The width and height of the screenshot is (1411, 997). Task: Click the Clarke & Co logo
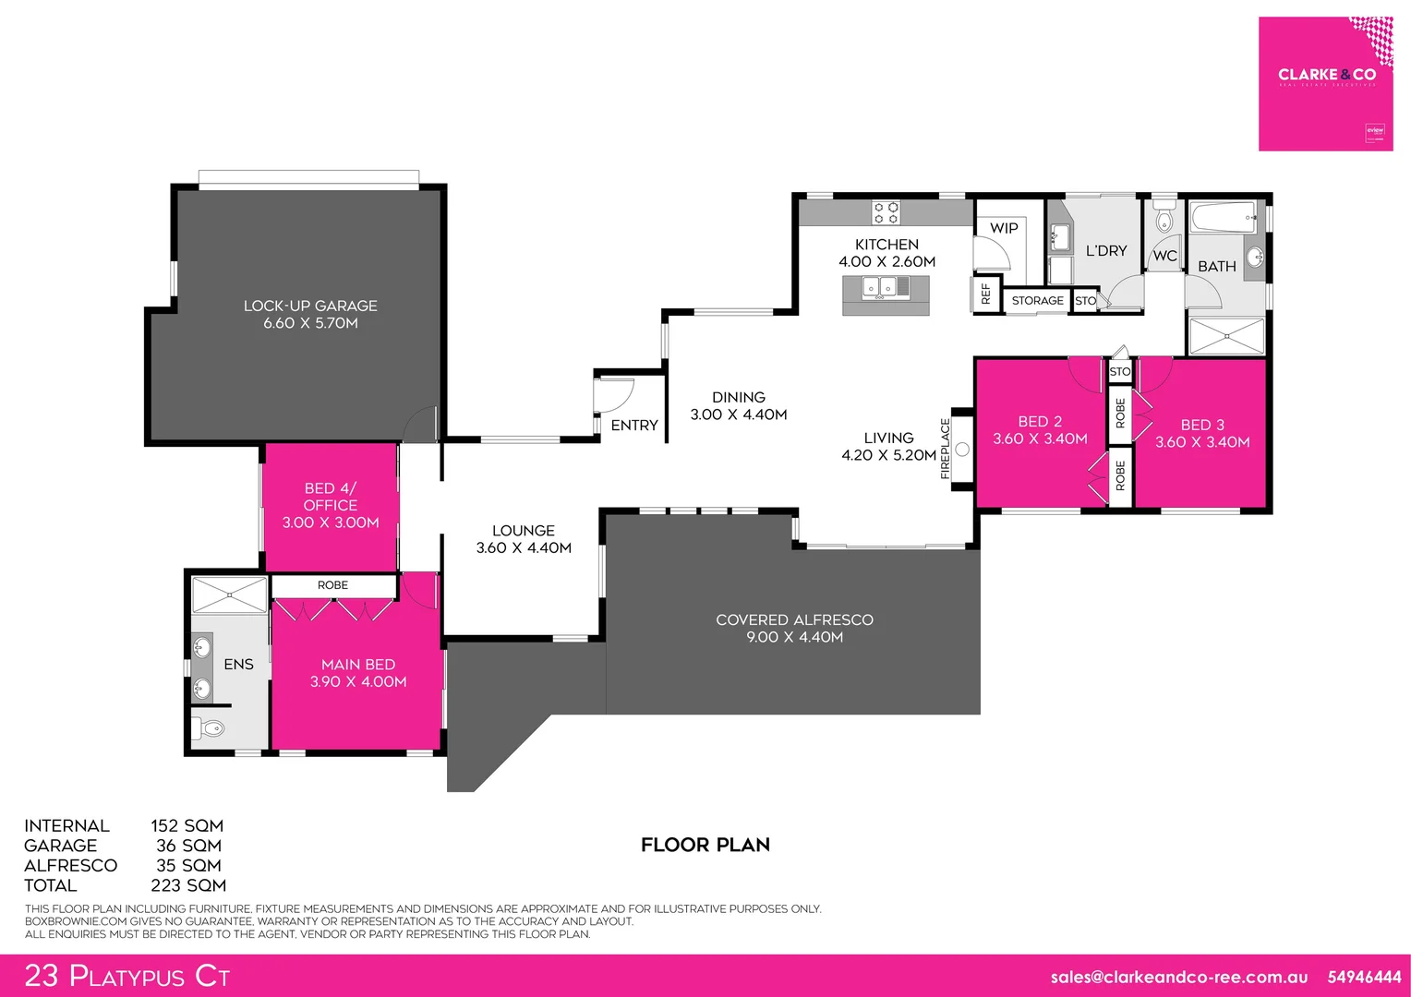[1326, 75]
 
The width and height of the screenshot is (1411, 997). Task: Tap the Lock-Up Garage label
[310, 306]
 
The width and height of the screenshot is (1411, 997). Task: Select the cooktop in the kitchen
[886, 213]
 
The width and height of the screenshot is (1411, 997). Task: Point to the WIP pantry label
[1004, 228]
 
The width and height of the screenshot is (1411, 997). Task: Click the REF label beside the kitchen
[985, 294]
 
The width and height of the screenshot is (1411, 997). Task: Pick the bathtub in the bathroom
[1223, 219]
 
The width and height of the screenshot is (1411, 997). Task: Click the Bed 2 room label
[1040, 422]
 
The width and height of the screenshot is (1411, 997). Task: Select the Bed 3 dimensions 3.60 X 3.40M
[1202, 442]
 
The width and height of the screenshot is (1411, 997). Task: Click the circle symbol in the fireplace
[962, 450]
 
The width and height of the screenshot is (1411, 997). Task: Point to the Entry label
[634, 426]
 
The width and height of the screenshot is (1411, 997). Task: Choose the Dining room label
[739, 397]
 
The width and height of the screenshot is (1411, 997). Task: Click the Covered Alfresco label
[794, 620]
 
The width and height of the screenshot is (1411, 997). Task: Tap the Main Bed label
[358, 665]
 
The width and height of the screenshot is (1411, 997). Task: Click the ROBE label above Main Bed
[332, 585]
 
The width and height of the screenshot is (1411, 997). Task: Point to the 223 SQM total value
[188, 885]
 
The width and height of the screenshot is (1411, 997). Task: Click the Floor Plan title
[705, 845]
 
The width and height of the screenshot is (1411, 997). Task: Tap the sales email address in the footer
[1179, 977]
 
